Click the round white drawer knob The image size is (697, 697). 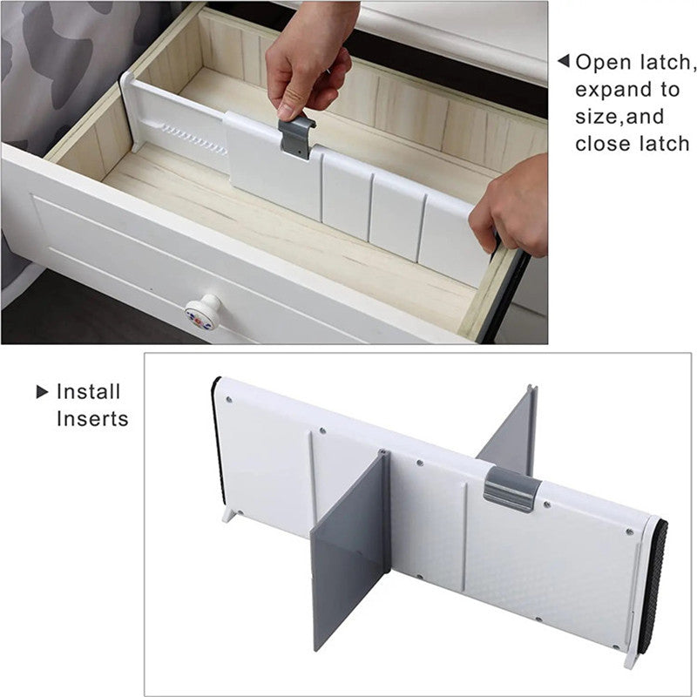203,313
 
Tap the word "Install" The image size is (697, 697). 88,392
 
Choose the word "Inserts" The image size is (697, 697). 91,419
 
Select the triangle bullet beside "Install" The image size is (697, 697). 42,392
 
